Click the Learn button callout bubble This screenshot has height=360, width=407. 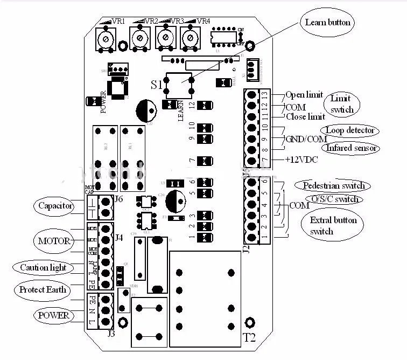327,22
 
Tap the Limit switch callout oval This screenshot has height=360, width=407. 340,104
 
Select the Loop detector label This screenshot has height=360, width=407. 349,130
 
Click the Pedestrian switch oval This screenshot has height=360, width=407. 333,185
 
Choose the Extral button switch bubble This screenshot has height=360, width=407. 333,226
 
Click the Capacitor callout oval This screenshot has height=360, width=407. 55,205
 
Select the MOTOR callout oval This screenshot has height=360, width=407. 54,240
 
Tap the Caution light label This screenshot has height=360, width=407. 43,267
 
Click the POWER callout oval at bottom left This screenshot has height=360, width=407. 53,315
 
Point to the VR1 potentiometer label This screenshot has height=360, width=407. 118,21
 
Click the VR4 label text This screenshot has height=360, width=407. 203,21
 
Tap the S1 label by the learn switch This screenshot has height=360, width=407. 156,85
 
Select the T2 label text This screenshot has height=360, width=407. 249,338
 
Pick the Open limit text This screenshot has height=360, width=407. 304,95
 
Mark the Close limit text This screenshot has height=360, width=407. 305,116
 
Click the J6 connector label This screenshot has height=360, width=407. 120,200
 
